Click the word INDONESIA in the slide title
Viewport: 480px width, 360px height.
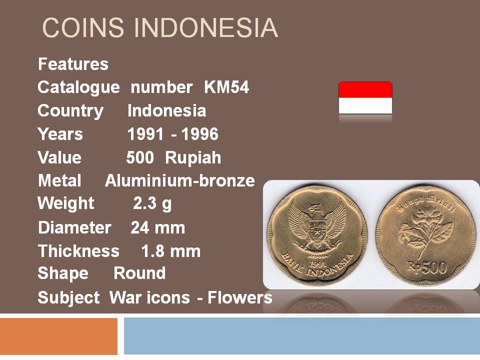[205, 28]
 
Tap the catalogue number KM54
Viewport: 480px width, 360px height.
[226, 87]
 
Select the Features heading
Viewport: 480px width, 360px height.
[73, 64]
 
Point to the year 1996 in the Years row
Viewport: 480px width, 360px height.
[199, 134]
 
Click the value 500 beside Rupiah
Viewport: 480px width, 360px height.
[140, 157]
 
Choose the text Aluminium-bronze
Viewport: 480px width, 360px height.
[180, 180]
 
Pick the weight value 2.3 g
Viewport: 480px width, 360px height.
[152, 204]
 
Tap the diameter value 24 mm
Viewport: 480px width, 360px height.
[158, 228]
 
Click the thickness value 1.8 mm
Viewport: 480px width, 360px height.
[171, 251]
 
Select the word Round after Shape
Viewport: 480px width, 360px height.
[139, 273]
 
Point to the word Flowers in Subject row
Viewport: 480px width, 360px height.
[240, 297]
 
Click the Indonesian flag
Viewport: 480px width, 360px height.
[365, 97]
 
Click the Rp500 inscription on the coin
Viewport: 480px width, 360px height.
[426, 267]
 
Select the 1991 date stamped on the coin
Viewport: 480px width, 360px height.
[317, 263]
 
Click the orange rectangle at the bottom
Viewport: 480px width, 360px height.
[58, 336]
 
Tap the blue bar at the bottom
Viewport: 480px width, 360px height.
[302, 336]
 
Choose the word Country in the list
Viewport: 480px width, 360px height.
[70, 111]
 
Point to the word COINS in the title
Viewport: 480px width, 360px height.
[83, 28]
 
